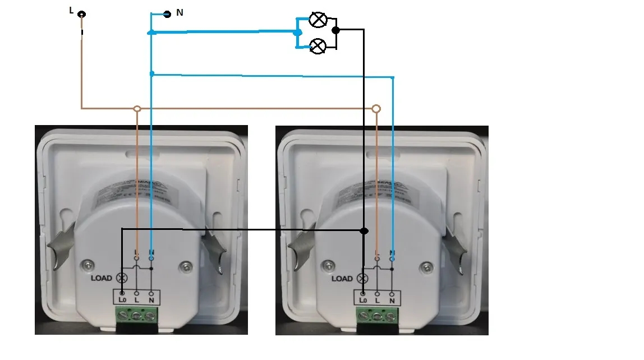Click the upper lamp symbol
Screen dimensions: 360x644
[319, 20]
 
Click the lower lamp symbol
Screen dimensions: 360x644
[318, 47]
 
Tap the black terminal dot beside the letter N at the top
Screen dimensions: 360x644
[167, 14]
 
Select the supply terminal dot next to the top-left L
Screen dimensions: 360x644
[82, 14]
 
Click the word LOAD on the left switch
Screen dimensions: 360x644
[102, 278]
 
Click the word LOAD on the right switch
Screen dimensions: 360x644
[342, 279]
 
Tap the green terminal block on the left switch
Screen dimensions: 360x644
[136, 317]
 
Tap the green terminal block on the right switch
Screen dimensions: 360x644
[376, 317]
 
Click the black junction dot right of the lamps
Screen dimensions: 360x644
[335, 30]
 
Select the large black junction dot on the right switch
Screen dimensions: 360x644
[364, 230]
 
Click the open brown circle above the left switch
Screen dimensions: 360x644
[137, 108]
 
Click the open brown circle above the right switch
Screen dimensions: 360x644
[376, 108]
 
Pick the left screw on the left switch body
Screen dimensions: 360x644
[88, 264]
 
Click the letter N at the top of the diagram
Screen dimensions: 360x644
[180, 12]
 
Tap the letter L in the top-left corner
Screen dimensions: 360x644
[71, 10]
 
